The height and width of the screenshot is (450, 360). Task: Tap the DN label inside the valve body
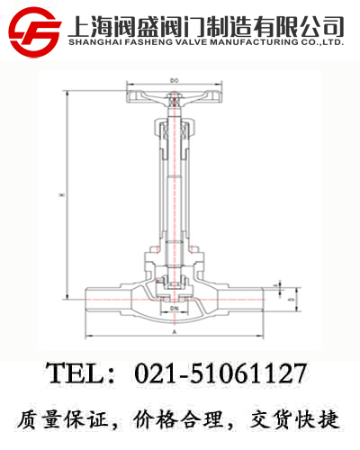tap(173, 309)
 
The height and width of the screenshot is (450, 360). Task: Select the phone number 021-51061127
tap(220, 373)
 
